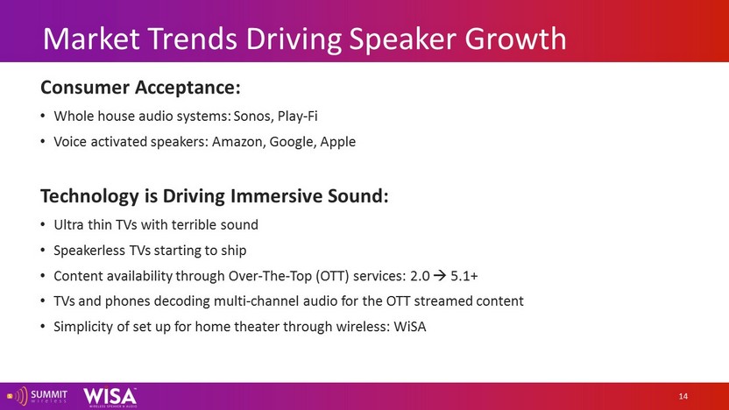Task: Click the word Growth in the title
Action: [515, 39]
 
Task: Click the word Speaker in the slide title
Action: [403, 39]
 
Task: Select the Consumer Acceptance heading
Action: [140, 88]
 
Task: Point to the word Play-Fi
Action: [298, 117]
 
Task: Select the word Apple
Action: [338, 142]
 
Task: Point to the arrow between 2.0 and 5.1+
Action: [440, 276]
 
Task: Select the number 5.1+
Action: [464, 276]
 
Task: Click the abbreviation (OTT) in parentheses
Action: [332, 276]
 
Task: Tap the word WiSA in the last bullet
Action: [409, 327]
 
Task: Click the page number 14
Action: [683, 397]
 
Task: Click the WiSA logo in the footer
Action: [110, 398]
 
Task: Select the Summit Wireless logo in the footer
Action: [37, 397]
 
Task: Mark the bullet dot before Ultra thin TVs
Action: [43, 225]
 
